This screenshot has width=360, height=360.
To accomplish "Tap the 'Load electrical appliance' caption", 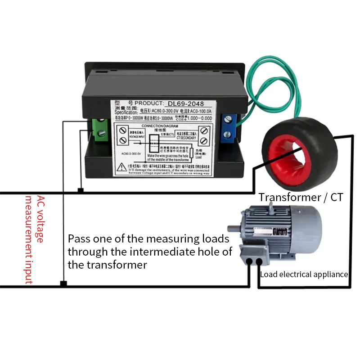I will click(304, 274).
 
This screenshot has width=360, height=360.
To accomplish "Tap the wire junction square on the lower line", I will click(63, 284).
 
